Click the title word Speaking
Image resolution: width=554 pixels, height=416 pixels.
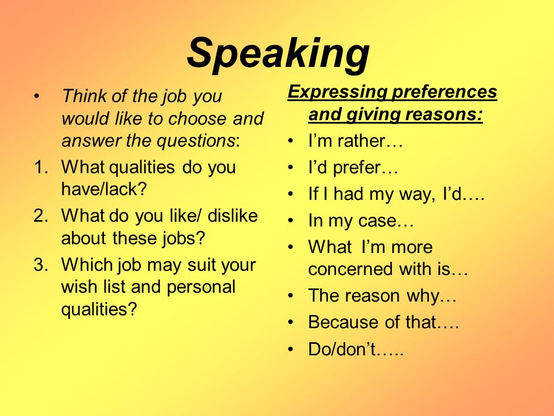278,54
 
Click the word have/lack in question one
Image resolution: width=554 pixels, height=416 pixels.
104,189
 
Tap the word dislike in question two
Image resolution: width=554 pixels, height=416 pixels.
233,216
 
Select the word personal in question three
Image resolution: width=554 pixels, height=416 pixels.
201,287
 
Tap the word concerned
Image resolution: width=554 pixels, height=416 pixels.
351,269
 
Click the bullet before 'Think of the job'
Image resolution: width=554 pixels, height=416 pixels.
36,96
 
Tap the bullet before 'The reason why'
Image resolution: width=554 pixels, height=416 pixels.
291,296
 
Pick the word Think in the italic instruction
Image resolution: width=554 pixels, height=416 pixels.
84,96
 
